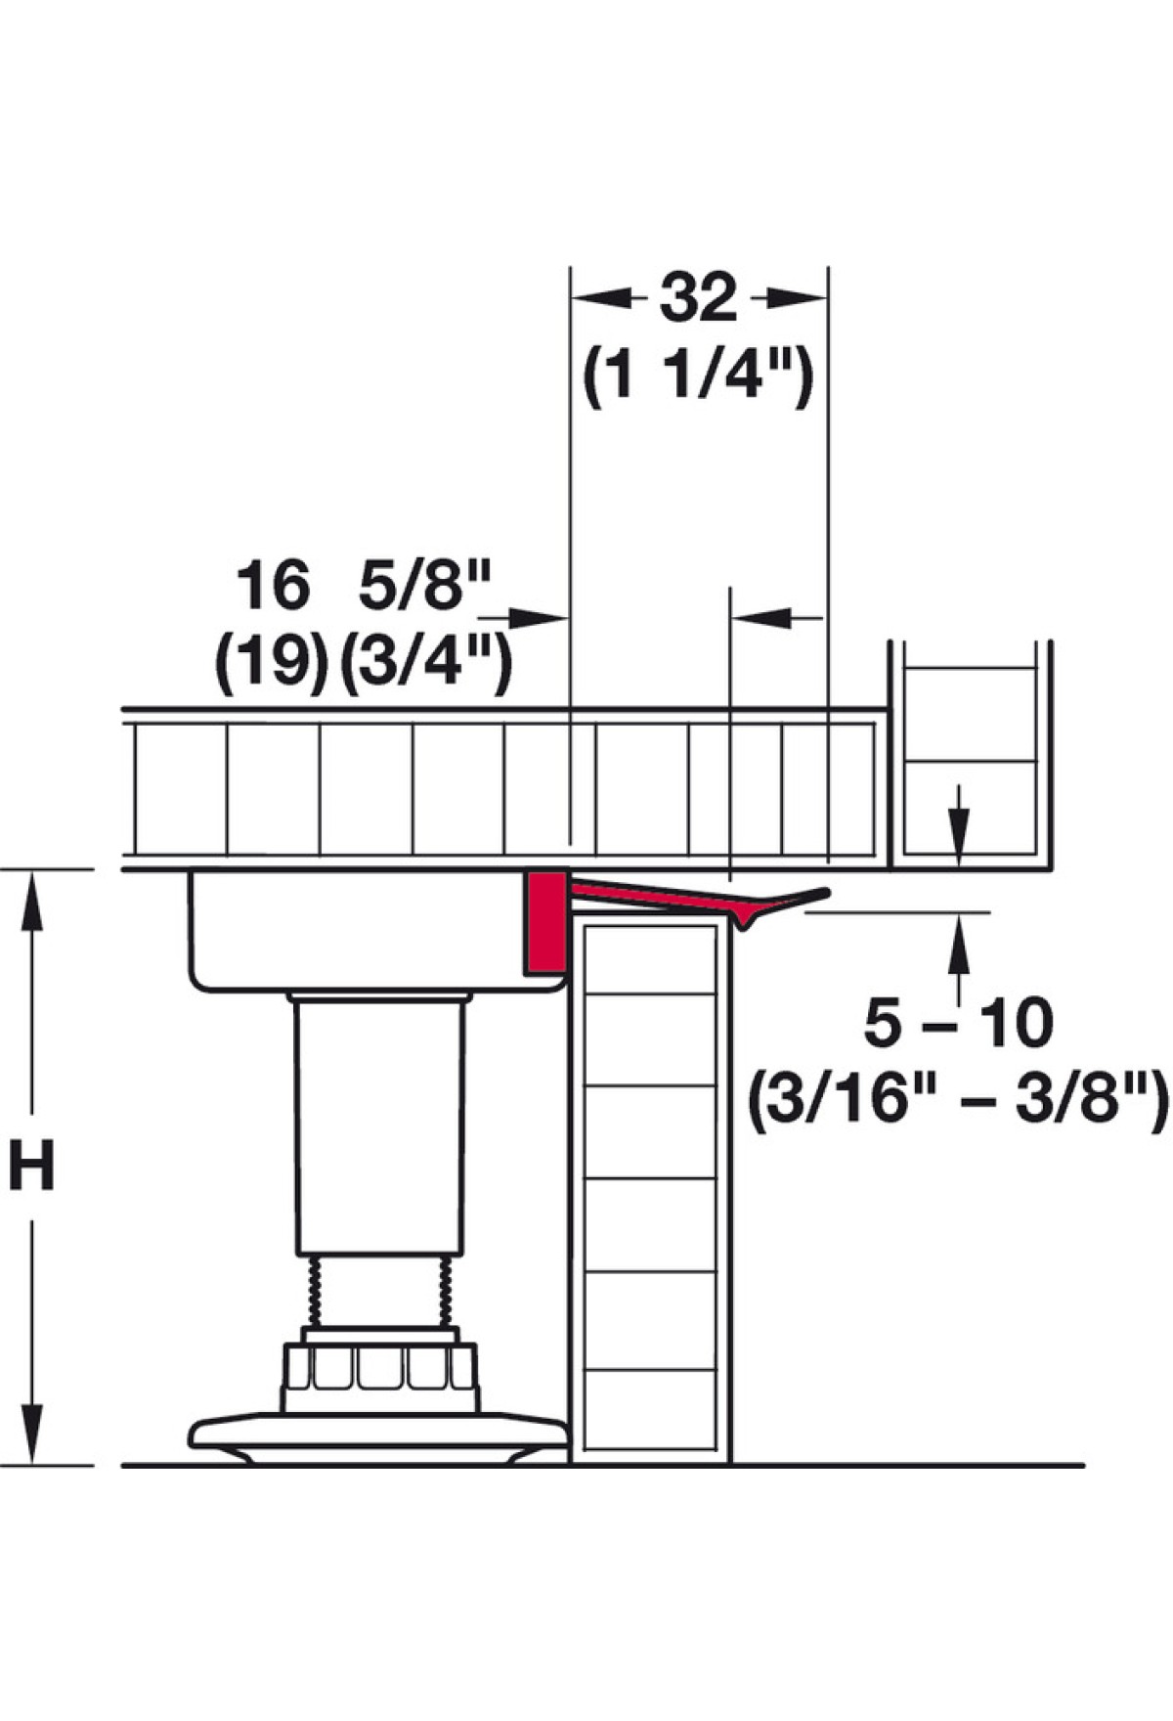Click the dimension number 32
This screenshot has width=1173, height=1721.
698,298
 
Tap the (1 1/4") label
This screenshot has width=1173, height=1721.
698,376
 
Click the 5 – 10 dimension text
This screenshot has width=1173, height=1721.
958,1024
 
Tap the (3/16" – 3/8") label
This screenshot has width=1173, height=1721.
959,1102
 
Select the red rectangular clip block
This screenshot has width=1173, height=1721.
545,923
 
